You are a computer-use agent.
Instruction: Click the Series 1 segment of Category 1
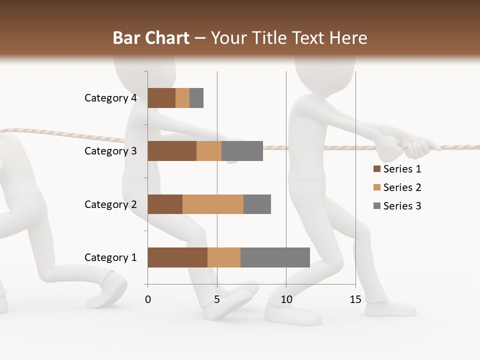177,257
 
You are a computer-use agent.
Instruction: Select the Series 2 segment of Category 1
224,257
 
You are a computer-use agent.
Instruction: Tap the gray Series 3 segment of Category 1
275,257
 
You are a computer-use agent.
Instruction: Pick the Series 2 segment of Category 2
213,204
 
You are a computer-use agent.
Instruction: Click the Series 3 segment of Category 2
257,204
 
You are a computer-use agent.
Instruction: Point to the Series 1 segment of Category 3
172,151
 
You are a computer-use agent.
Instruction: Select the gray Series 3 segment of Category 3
242,151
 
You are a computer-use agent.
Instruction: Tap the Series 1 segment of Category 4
161,98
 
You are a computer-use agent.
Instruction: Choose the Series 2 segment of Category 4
182,98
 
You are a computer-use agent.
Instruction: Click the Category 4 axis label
110,98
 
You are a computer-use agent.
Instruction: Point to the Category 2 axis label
110,204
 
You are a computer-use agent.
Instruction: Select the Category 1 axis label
110,257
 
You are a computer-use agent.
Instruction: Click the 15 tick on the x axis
355,299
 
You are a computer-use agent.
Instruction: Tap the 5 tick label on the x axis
217,299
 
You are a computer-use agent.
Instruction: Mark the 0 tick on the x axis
148,299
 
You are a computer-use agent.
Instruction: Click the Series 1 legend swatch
376,169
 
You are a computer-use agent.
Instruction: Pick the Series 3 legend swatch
376,206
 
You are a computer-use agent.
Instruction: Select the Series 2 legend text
402,187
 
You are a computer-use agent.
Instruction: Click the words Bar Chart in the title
151,38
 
